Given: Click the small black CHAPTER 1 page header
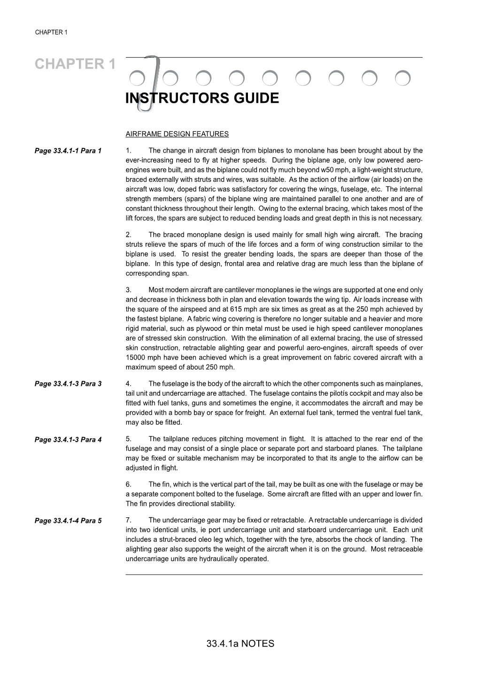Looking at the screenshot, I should (51, 32).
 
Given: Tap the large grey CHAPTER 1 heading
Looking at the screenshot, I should (75, 64).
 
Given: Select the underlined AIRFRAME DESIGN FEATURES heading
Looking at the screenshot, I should (177, 134).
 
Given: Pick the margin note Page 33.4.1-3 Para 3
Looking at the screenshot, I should (68, 384).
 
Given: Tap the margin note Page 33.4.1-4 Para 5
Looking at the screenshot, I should (68, 521).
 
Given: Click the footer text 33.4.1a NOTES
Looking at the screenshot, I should (239, 644).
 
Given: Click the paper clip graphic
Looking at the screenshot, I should (148, 85).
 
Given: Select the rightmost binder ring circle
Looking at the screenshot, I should (402, 78).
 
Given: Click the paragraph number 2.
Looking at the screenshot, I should (128, 234).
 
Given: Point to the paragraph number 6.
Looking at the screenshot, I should (128, 484).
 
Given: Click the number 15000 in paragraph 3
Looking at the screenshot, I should (135, 358).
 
